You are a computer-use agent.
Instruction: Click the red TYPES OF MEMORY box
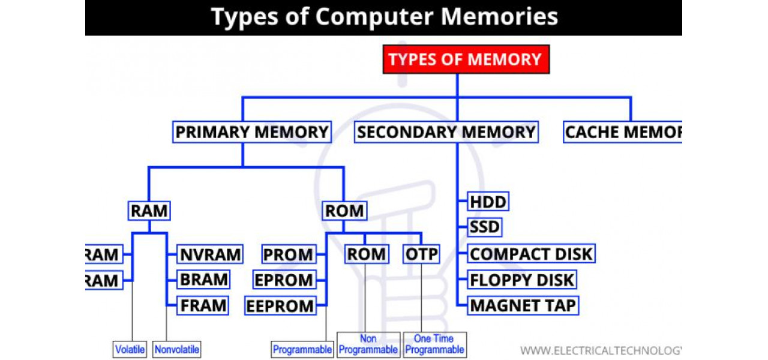click(466, 59)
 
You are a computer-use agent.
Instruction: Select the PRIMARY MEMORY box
click(252, 132)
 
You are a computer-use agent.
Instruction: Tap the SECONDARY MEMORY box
click(446, 132)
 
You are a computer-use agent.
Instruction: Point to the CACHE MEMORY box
click(623, 132)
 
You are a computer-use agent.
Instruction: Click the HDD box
click(488, 202)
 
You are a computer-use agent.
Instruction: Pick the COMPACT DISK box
click(531, 254)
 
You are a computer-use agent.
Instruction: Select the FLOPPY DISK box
click(522, 280)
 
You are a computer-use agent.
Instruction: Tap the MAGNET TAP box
click(523, 305)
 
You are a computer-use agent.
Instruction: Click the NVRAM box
click(210, 254)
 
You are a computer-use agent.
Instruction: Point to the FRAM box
click(204, 305)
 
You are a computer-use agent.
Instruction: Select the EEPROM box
click(280, 306)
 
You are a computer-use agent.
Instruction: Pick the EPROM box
click(284, 280)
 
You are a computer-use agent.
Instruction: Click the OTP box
click(421, 254)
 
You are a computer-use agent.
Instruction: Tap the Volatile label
click(130, 349)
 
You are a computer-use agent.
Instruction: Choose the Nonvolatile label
click(176, 349)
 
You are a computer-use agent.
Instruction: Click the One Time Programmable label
click(435, 344)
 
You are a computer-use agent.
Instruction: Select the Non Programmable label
click(368, 344)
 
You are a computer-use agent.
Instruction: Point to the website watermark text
click(600, 350)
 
